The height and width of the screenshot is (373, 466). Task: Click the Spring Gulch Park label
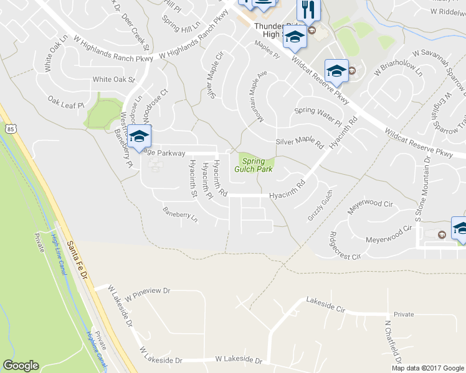[254, 165]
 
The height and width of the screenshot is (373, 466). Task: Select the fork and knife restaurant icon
[308, 10]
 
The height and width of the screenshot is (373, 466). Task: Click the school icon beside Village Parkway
[140, 136]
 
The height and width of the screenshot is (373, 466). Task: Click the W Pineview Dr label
[147, 290]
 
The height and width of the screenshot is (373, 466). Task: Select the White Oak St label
[113, 80]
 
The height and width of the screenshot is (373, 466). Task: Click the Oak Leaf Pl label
[66, 102]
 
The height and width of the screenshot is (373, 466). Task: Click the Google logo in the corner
[21, 366]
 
